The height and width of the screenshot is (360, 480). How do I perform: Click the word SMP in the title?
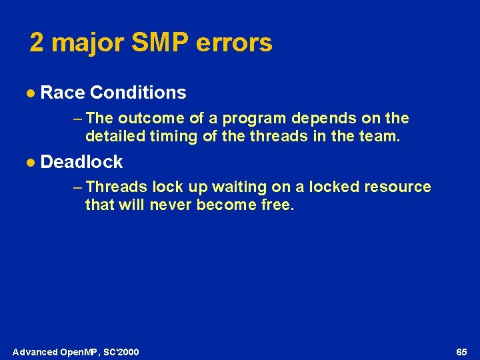click(x=153, y=43)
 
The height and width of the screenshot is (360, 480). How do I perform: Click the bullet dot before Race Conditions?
click(x=31, y=93)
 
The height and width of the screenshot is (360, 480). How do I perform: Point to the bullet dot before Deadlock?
click(x=31, y=162)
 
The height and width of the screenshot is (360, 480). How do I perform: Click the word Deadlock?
click(x=81, y=161)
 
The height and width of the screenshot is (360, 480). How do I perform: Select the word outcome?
click(x=150, y=118)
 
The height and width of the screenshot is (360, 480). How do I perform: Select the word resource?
click(x=397, y=187)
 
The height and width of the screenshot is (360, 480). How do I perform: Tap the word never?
click(x=171, y=205)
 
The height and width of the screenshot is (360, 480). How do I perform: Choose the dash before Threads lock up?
click(x=77, y=187)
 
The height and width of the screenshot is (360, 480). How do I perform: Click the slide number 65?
click(x=461, y=351)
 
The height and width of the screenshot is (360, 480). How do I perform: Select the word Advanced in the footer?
click(x=34, y=351)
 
